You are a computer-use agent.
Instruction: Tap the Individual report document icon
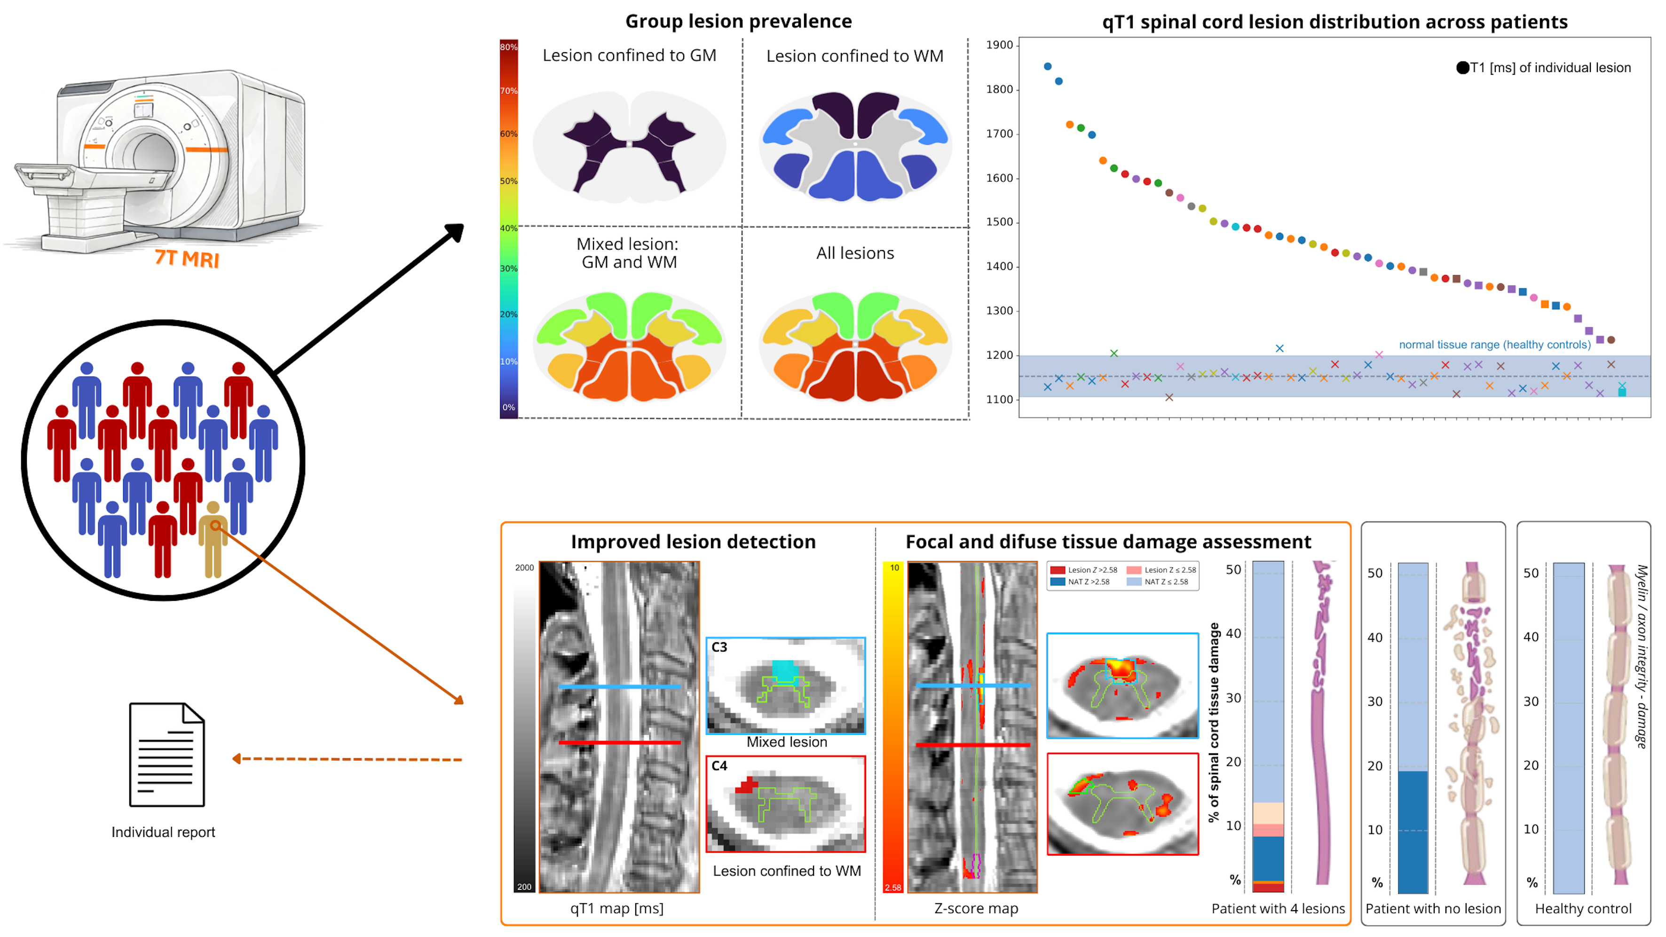coord(167,754)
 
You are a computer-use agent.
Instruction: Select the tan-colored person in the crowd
coord(213,539)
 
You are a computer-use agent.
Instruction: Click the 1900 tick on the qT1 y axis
coord(999,45)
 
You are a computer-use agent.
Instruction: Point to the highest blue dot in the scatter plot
coord(1048,67)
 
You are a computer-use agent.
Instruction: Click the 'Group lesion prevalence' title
coord(738,21)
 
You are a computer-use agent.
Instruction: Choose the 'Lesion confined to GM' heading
coord(629,55)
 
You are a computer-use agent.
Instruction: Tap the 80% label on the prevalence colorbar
coord(508,47)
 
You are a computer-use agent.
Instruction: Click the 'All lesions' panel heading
coord(854,253)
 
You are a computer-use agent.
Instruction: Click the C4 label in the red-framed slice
coord(719,766)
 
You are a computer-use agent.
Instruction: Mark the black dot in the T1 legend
coord(1462,68)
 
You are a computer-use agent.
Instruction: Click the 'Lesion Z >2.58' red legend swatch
coord(1058,570)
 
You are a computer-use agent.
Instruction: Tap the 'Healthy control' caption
coord(1583,908)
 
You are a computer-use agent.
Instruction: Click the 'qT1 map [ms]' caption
coord(616,908)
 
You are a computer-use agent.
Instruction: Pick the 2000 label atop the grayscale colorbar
coord(524,568)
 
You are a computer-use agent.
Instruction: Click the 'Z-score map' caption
coord(976,908)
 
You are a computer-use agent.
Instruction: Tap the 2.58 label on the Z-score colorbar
coord(892,887)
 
